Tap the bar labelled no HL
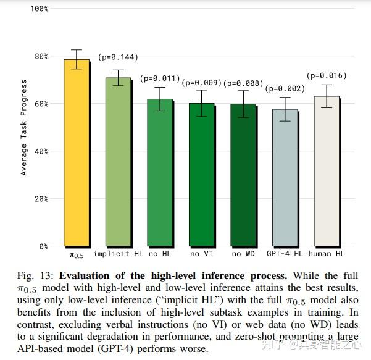pyautogui.click(x=159, y=172)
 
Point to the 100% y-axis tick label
pyautogui.click(x=38, y=9)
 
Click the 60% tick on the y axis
pyautogui.click(x=40, y=104)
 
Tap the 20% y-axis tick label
pyautogui.click(x=40, y=199)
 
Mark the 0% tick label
pyautogui.click(x=42, y=246)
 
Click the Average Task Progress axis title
pyautogui.click(x=24, y=127)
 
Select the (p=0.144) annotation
pyautogui.click(x=117, y=57)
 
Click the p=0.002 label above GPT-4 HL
pyautogui.click(x=285, y=89)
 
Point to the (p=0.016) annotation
pyautogui.click(x=327, y=76)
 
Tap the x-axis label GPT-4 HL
pyautogui.click(x=285, y=254)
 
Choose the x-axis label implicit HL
pyautogui.click(x=119, y=254)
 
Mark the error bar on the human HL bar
pyautogui.click(x=327, y=96)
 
